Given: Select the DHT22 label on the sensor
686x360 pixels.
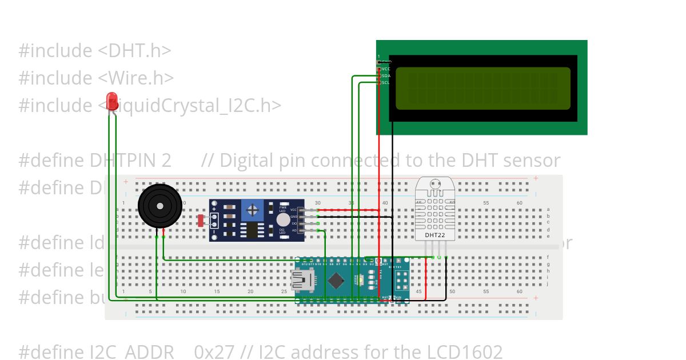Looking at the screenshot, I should click(x=435, y=235).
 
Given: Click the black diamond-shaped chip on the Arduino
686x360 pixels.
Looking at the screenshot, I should click(x=336, y=280).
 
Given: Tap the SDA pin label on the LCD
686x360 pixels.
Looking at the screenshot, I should click(x=386, y=75).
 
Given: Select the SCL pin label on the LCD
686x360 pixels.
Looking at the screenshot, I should click(x=386, y=82).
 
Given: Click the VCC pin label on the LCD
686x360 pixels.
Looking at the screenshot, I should click(x=386, y=69).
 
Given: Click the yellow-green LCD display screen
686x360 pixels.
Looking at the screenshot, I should click(x=482, y=88).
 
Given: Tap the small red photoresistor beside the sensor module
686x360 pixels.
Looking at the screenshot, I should click(x=201, y=220).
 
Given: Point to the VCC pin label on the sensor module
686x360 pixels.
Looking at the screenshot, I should click(x=293, y=210).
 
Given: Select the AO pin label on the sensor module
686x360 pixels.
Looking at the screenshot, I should click(x=294, y=230).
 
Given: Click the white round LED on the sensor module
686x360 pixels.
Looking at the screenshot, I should click(x=283, y=220).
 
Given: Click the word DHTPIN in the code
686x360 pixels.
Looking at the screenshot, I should click(x=130, y=161).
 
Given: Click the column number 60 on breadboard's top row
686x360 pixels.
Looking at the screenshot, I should click(x=519, y=203).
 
